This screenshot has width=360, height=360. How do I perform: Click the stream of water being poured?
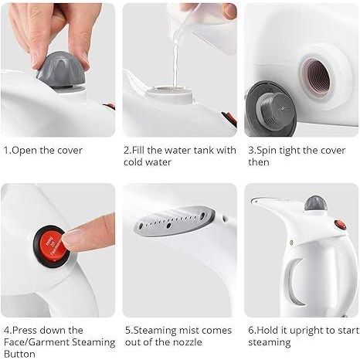click(x=176, y=54)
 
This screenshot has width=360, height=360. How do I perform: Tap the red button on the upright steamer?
click(x=340, y=224)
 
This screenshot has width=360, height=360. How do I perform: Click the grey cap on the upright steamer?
click(x=315, y=204)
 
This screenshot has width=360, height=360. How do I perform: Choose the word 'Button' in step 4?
click(x=19, y=355)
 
